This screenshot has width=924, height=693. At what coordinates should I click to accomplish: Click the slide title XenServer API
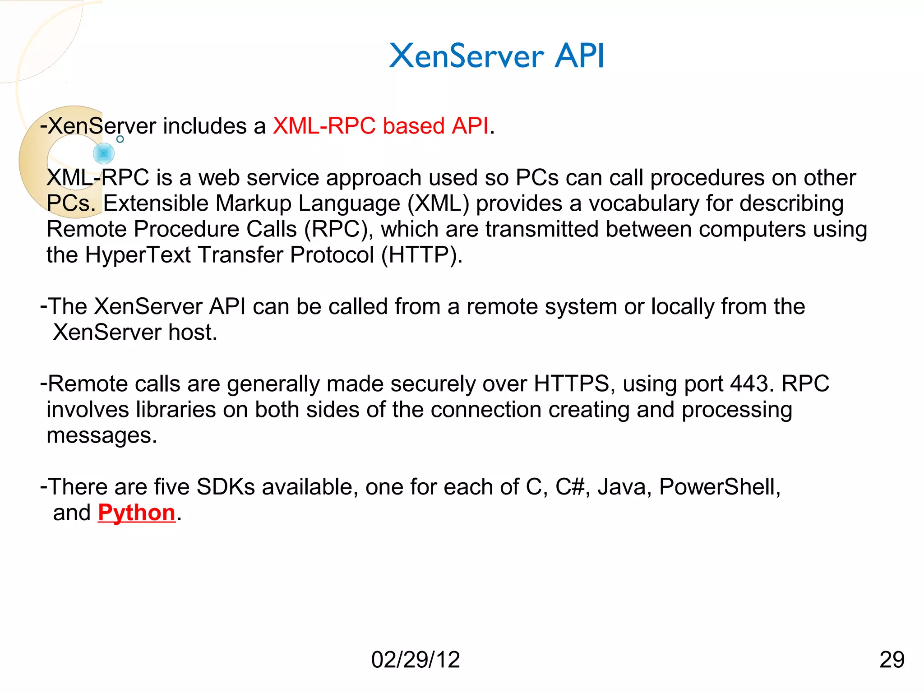[496, 56]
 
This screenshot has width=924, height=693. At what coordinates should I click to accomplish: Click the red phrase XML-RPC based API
[380, 126]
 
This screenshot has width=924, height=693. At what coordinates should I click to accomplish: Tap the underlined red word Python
[136, 513]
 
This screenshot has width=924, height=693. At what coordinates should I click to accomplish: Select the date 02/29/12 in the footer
[415, 660]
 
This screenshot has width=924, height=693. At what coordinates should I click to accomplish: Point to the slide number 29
[892, 660]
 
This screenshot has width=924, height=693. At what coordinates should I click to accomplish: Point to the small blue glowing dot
[104, 153]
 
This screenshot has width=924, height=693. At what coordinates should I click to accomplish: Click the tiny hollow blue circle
[120, 139]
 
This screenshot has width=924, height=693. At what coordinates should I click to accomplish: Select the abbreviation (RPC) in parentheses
[336, 229]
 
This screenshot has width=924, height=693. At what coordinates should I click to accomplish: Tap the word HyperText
[138, 255]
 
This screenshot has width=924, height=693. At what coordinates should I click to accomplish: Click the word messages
[101, 435]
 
